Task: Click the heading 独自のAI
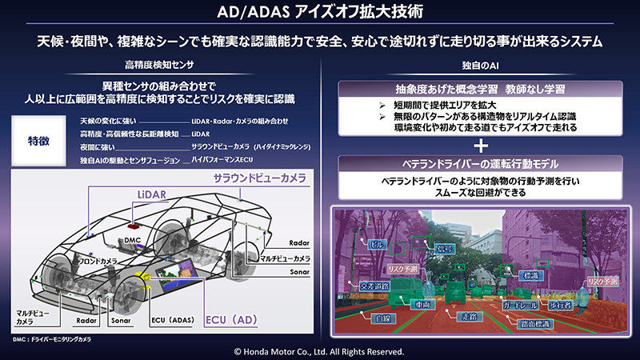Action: pyautogui.click(x=479, y=63)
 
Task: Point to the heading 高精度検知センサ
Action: pyautogui.click(x=160, y=63)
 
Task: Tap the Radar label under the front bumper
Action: pyautogui.click(x=87, y=322)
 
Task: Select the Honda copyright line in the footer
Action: pyautogui.click(x=320, y=351)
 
